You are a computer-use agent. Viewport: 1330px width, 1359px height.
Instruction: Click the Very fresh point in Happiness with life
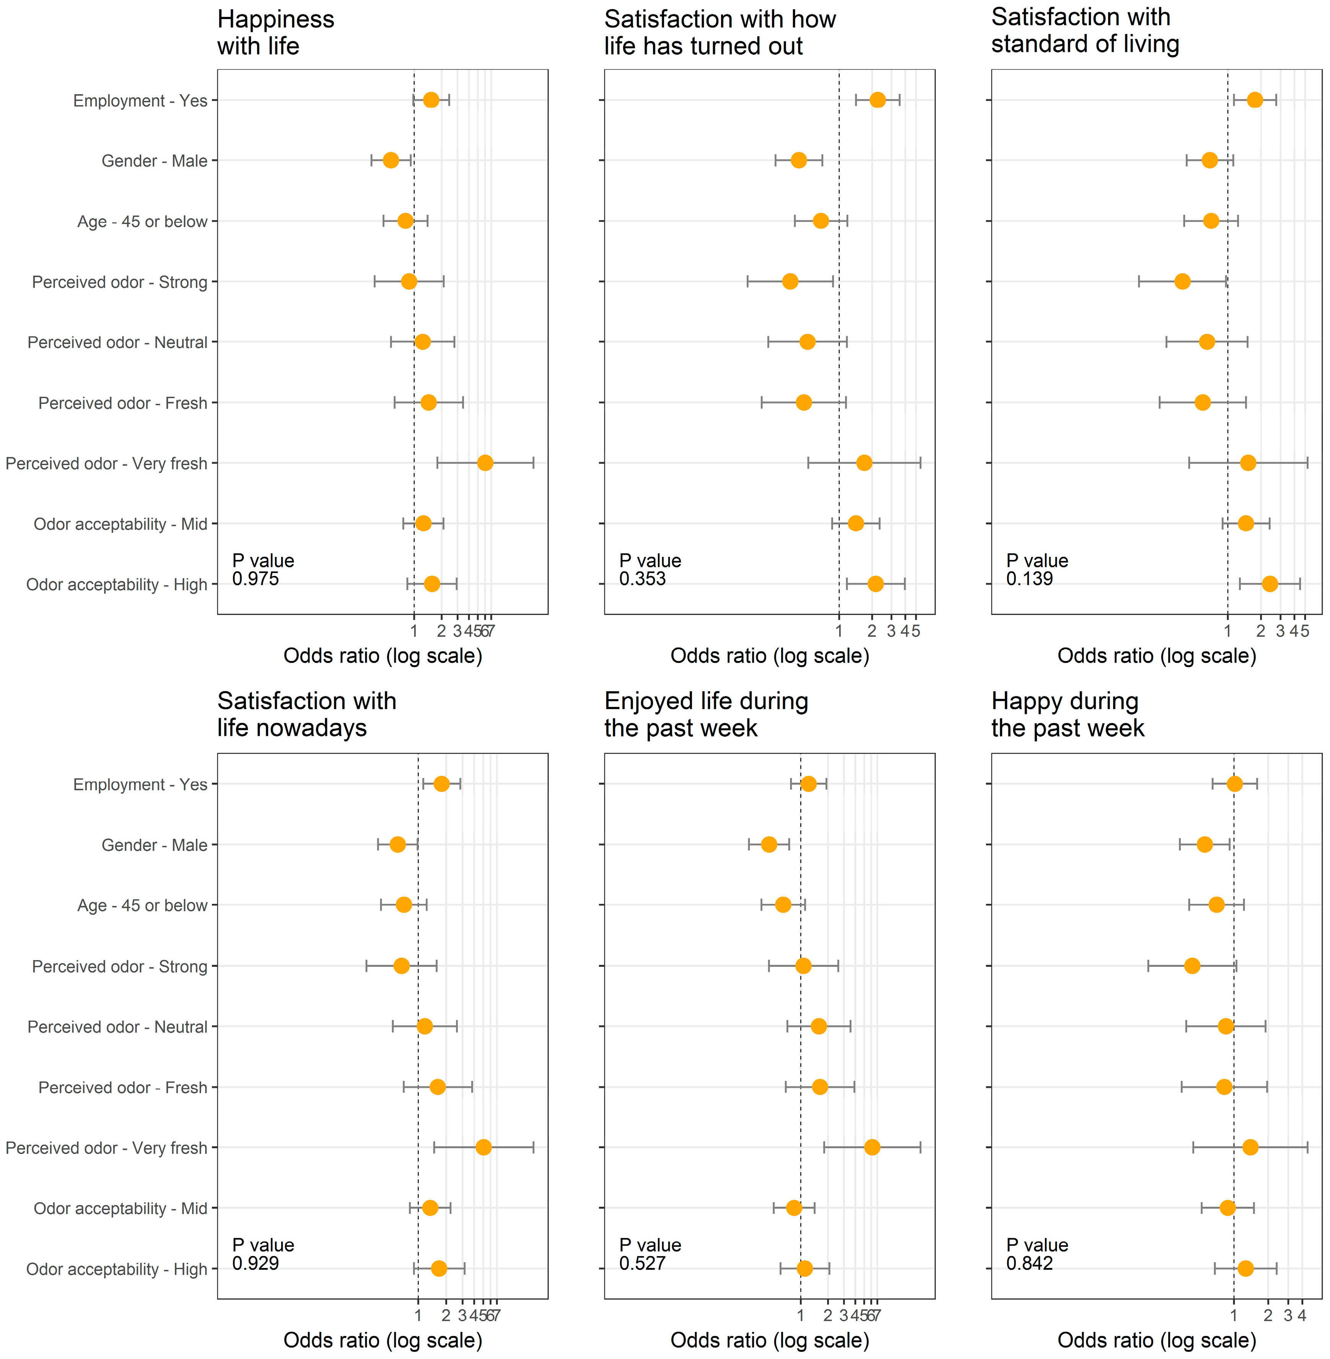[485, 463]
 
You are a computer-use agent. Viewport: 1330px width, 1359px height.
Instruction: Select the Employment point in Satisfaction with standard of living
[1255, 100]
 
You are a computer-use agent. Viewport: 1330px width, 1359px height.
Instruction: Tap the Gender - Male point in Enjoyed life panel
[768, 844]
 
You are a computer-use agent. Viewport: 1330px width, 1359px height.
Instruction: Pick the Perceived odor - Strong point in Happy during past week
[1192, 966]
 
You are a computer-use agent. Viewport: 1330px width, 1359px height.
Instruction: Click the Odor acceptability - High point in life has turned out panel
[875, 584]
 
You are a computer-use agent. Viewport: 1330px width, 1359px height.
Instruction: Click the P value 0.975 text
[263, 569]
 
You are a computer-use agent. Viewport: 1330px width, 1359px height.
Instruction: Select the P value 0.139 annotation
[1037, 569]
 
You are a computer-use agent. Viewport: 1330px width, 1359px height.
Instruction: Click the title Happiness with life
[275, 33]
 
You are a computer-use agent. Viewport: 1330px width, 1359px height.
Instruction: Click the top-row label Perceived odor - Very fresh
[106, 463]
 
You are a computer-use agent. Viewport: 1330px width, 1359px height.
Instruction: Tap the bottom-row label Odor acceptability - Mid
[120, 1208]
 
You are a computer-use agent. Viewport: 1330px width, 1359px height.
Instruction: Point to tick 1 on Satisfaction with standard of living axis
[1227, 631]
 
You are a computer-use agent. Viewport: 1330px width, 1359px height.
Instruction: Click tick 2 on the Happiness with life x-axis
[441, 631]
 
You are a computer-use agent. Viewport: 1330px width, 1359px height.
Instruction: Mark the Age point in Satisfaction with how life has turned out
[821, 221]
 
